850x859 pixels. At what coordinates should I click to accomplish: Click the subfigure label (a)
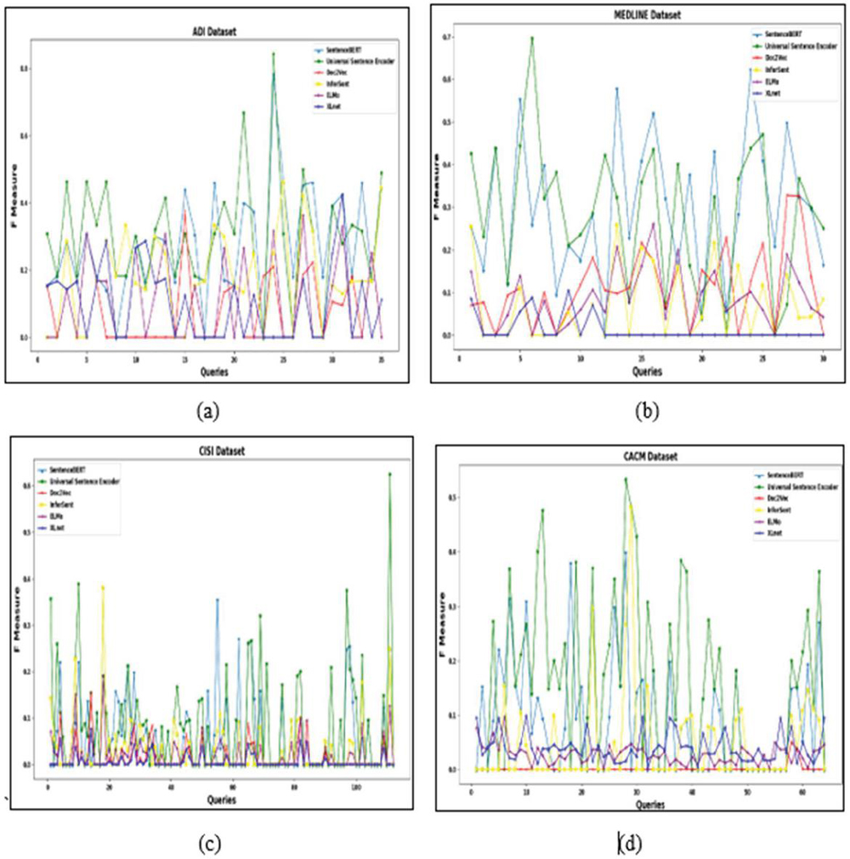(x=208, y=412)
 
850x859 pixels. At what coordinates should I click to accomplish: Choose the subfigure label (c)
(x=208, y=844)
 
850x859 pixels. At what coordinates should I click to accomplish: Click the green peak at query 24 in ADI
(x=274, y=54)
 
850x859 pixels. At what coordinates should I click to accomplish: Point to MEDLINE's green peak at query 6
(x=532, y=38)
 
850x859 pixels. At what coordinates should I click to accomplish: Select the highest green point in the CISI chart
(x=390, y=474)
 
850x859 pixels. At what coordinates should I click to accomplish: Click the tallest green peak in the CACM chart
(x=626, y=479)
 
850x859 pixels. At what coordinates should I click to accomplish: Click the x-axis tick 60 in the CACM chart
(x=802, y=793)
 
